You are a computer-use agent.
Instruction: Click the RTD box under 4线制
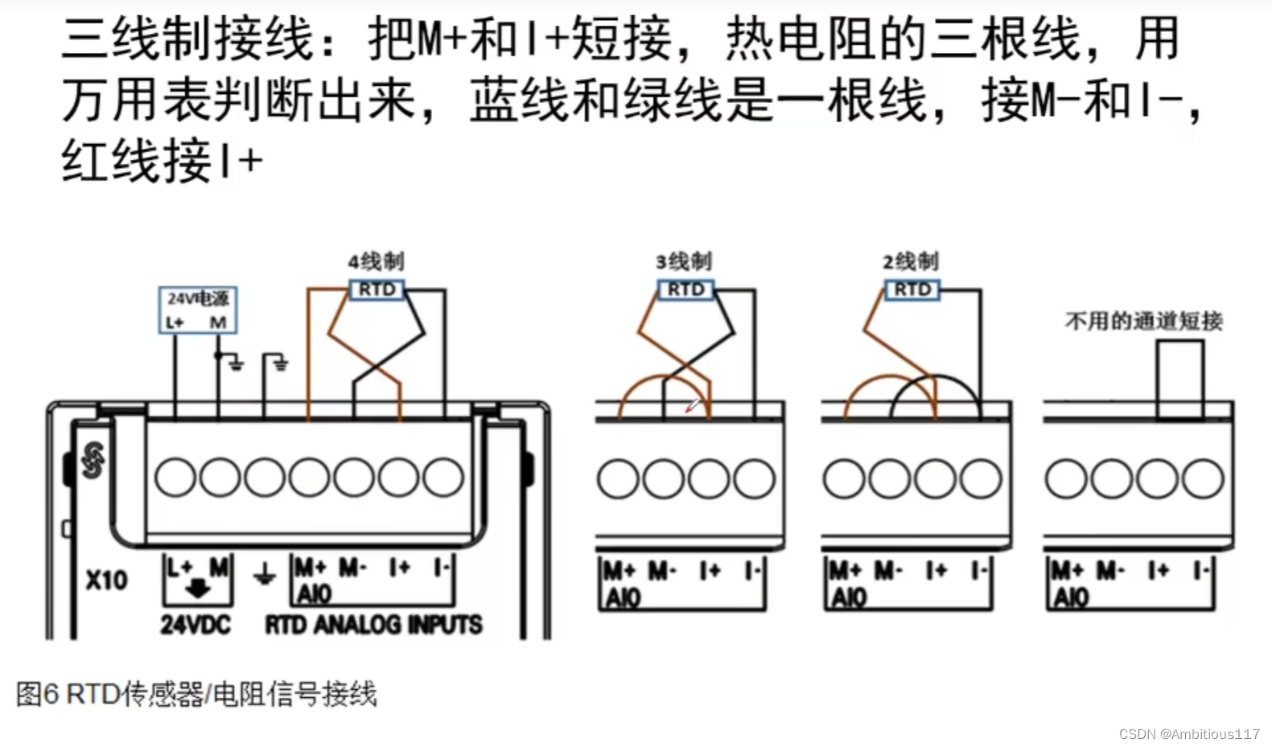tap(377, 289)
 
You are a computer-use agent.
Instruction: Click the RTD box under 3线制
tap(685, 289)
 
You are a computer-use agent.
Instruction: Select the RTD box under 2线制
tap(912, 289)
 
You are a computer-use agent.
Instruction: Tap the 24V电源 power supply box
tap(198, 310)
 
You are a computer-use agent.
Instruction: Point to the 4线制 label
tap(376, 261)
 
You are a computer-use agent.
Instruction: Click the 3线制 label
tap(683, 261)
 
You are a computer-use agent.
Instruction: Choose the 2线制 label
tap(910, 261)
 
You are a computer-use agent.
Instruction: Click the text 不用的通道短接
tap(1143, 322)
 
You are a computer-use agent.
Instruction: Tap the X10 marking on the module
tap(106, 580)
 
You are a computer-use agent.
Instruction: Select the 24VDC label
tap(196, 625)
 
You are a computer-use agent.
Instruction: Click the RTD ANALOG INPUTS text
tap(374, 625)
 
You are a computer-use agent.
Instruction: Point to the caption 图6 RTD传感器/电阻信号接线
tap(196, 694)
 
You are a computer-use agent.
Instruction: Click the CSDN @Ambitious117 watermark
tap(1189, 734)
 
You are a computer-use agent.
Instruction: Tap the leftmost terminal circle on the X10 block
tap(175, 478)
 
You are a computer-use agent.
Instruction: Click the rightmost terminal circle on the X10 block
tap(443, 478)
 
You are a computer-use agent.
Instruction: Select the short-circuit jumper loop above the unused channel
tap(1180, 378)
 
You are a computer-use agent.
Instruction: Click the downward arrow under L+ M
tap(198, 589)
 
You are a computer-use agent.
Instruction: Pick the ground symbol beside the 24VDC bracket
tap(265, 576)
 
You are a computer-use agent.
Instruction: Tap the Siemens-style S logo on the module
tap(93, 461)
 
